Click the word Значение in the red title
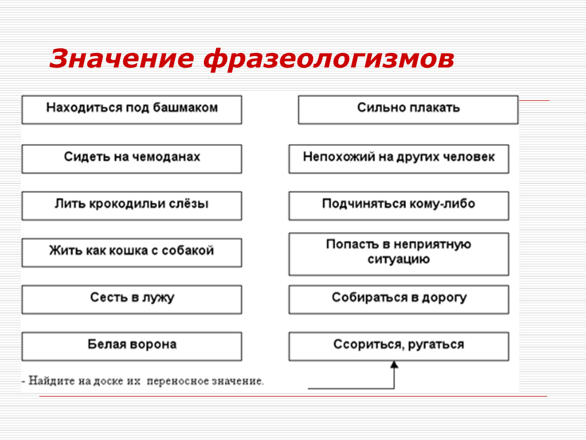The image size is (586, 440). point(121,59)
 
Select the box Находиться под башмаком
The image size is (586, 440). point(132,110)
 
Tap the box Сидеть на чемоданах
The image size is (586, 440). point(132,159)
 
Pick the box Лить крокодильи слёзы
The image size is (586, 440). point(132,206)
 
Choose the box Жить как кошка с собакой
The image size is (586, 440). point(132,253)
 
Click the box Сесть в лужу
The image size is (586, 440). point(132,299)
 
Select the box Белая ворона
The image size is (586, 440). point(132,346)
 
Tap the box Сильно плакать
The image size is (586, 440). point(408,110)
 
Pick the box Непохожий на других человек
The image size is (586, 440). point(399,159)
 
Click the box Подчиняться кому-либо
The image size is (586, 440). point(399,206)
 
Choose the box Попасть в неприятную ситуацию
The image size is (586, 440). point(399,254)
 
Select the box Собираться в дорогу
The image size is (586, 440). point(399,299)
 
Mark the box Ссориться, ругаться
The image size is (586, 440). point(399,346)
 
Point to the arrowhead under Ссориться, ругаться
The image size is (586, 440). point(394,365)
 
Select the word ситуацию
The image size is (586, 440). point(399,259)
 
